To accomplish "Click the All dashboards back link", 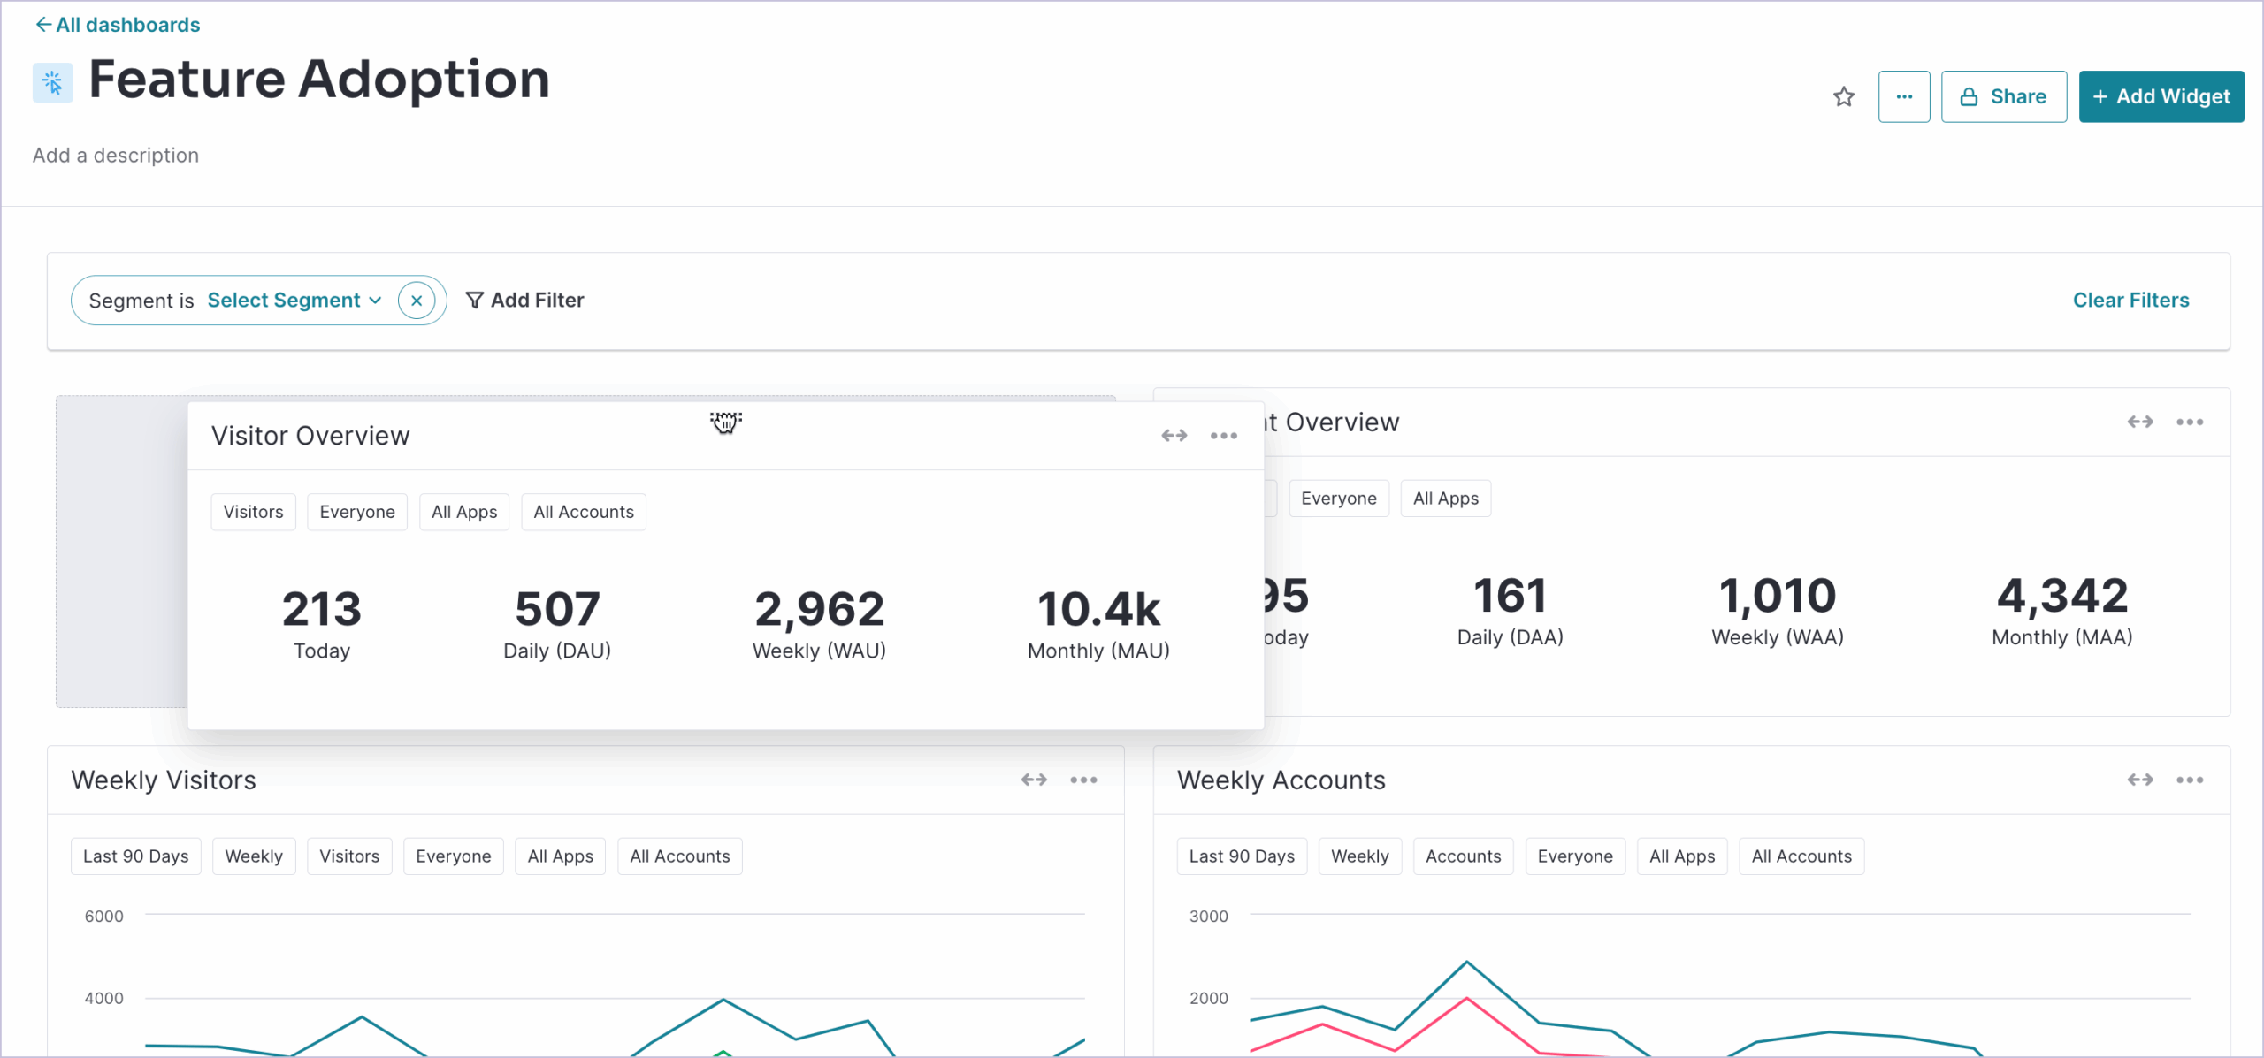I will pos(118,25).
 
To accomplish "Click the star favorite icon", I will pos(1843,96).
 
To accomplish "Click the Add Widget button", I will pos(2161,96).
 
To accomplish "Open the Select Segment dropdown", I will pos(294,301).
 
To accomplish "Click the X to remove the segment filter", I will pos(417,301).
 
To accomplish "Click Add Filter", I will pos(524,301).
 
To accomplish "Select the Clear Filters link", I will pos(2130,301).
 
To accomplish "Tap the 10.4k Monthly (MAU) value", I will pos(1098,609).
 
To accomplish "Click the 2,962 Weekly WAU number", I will pos(819,609).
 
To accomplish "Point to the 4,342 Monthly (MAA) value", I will pos(2061,596).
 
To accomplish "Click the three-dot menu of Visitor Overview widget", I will pos(1223,436).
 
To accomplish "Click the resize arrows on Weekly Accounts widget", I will pos(2139,780).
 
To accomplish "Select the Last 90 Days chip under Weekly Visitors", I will pos(135,856).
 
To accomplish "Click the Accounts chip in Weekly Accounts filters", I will pos(1462,856).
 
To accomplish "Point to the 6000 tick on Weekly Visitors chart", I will pos(103,917).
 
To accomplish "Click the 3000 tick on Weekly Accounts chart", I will pos(1208,917).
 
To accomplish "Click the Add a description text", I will pos(116,156).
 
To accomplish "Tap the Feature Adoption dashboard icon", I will pos(52,83).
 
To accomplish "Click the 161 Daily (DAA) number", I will pos(1510,596).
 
